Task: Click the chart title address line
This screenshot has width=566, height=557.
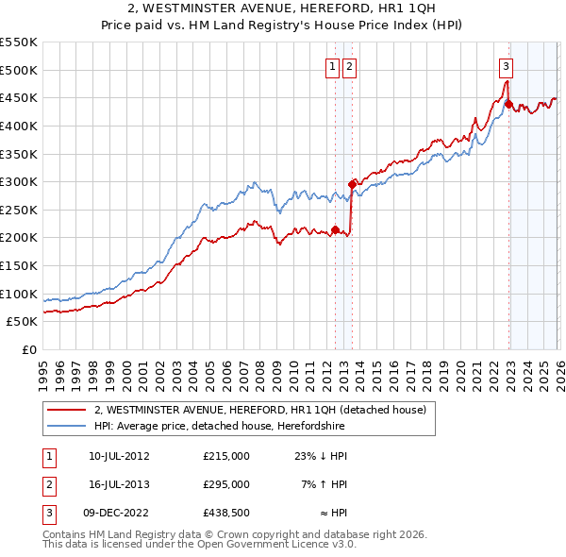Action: [x=282, y=10]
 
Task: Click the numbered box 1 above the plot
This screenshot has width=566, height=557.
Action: [x=334, y=66]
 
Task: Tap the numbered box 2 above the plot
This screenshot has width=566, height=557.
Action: [x=349, y=66]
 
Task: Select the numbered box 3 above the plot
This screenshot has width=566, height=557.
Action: [x=507, y=66]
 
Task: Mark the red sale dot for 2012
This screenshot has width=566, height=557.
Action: [x=335, y=229]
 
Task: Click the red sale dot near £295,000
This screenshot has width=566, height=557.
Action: [x=352, y=184]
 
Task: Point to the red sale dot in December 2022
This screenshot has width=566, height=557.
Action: [x=508, y=104]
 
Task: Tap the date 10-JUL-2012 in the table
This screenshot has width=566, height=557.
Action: [x=119, y=456]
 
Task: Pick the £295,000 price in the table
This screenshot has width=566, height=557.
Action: [x=226, y=484]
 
